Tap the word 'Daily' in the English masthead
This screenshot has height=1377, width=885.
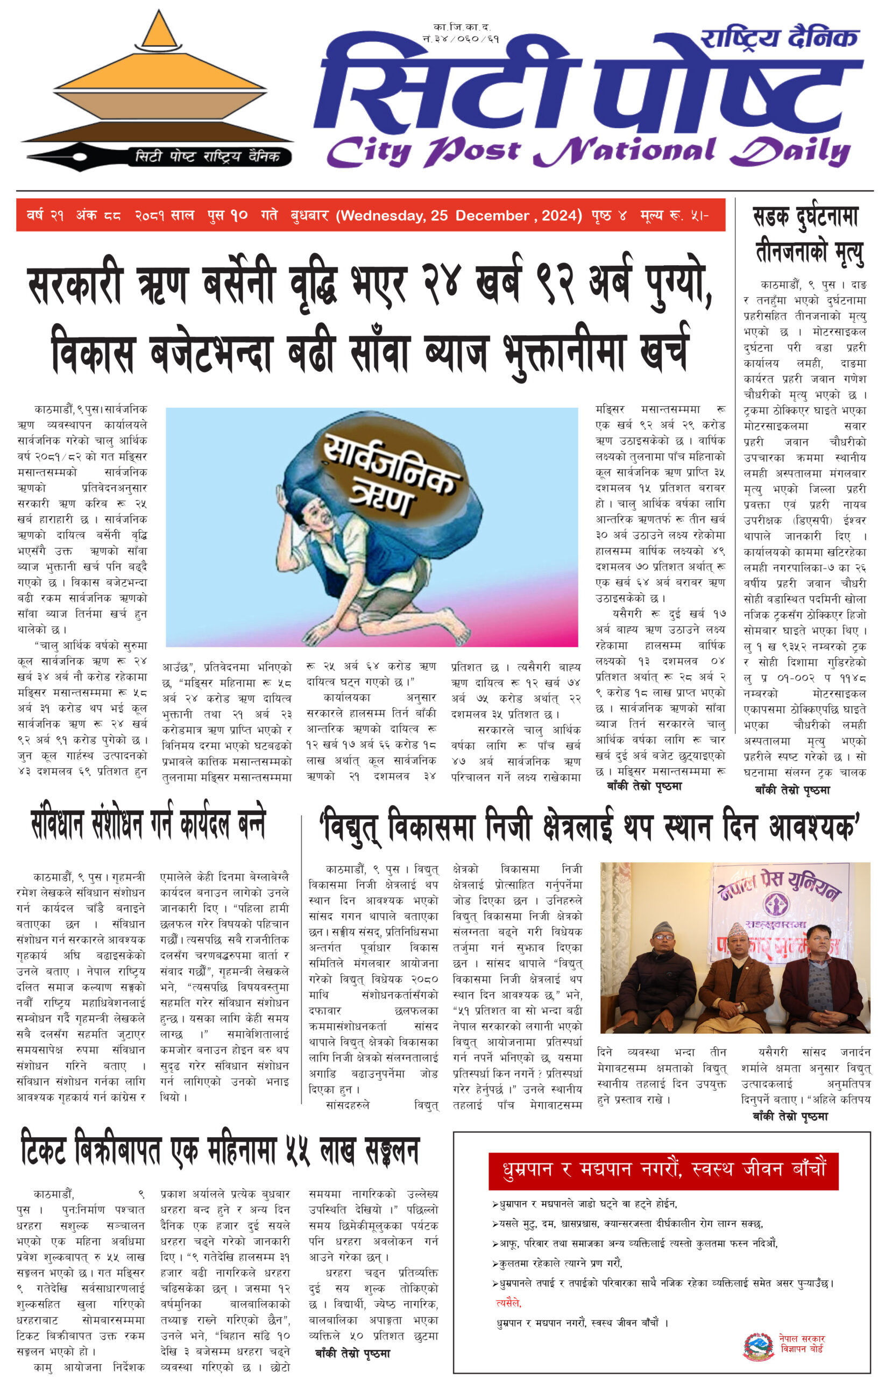click(790, 152)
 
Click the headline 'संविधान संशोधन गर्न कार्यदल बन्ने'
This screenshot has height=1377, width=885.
click(148, 823)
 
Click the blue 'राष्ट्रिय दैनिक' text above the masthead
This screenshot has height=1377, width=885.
click(778, 39)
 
